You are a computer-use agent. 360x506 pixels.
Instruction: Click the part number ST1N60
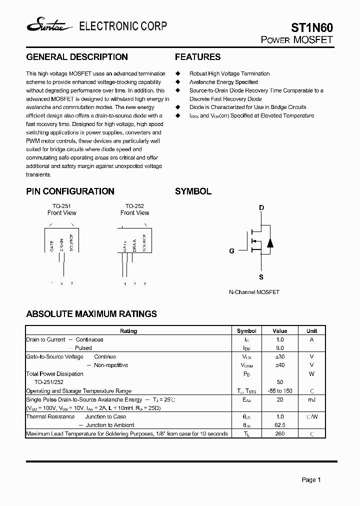tap(312, 27)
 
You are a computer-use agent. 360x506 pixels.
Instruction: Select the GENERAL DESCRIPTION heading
tap(76, 57)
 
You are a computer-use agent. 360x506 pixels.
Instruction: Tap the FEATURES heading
tap(197, 57)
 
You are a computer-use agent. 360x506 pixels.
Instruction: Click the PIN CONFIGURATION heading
tap(70, 191)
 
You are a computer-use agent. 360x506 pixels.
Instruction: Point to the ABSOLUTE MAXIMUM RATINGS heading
tap(91, 314)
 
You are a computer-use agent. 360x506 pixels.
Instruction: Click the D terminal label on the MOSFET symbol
tap(261, 207)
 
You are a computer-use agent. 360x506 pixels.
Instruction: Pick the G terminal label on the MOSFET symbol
tap(231, 251)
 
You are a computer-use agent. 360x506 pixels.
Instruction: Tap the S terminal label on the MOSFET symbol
tap(261, 277)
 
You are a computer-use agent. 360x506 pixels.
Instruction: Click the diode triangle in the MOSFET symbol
tap(270, 243)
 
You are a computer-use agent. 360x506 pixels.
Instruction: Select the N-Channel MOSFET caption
tap(254, 292)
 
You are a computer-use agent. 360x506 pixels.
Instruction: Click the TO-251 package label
tap(61, 205)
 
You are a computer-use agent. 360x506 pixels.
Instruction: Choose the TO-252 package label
tap(134, 205)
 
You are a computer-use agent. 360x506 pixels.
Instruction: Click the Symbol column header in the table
tap(246, 331)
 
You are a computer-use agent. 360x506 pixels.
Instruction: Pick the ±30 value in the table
tap(280, 356)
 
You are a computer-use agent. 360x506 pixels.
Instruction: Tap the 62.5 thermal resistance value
tap(280, 425)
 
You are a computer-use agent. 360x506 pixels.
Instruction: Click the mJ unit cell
tap(311, 399)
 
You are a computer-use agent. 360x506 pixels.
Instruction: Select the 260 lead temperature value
tap(280, 433)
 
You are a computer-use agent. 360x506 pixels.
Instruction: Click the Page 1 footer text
tap(311, 480)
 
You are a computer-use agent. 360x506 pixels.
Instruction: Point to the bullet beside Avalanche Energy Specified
tap(177, 82)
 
